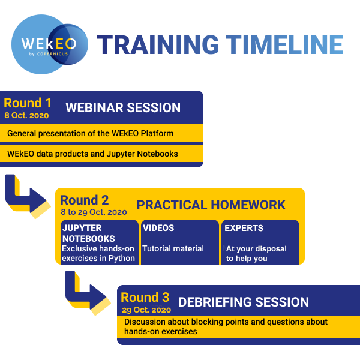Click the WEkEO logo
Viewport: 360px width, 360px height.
pyautogui.click(x=49, y=44)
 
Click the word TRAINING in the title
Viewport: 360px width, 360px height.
pyautogui.click(x=158, y=45)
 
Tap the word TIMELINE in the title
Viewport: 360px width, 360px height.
pyautogui.click(x=284, y=45)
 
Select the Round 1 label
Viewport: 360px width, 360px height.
pyautogui.click(x=28, y=103)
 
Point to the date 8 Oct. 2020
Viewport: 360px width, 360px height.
pyautogui.click(x=26, y=115)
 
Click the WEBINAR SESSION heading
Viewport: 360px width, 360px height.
pyautogui.click(x=123, y=107)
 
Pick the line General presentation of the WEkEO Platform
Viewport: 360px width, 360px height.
pyautogui.click(x=90, y=133)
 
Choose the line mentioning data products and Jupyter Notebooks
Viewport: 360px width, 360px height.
pyautogui.click(x=92, y=154)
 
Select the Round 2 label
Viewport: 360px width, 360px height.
pyautogui.click(x=84, y=200)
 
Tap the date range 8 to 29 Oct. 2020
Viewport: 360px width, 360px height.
pyautogui.click(x=94, y=212)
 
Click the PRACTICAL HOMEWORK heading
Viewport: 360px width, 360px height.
pyautogui.click(x=211, y=205)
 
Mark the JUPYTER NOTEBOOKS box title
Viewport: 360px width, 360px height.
pyautogui.click(x=89, y=233)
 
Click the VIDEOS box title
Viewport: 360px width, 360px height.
pyautogui.click(x=158, y=228)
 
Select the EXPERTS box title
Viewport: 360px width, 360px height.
pyautogui.click(x=244, y=228)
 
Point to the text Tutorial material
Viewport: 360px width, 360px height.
pyautogui.click(x=173, y=248)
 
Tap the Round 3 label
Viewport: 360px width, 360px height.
pyautogui.click(x=145, y=298)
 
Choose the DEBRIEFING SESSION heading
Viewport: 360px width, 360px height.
pyautogui.click(x=244, y=302)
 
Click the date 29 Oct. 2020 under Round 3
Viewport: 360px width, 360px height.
pyautogui.click(x=146, y=310)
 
